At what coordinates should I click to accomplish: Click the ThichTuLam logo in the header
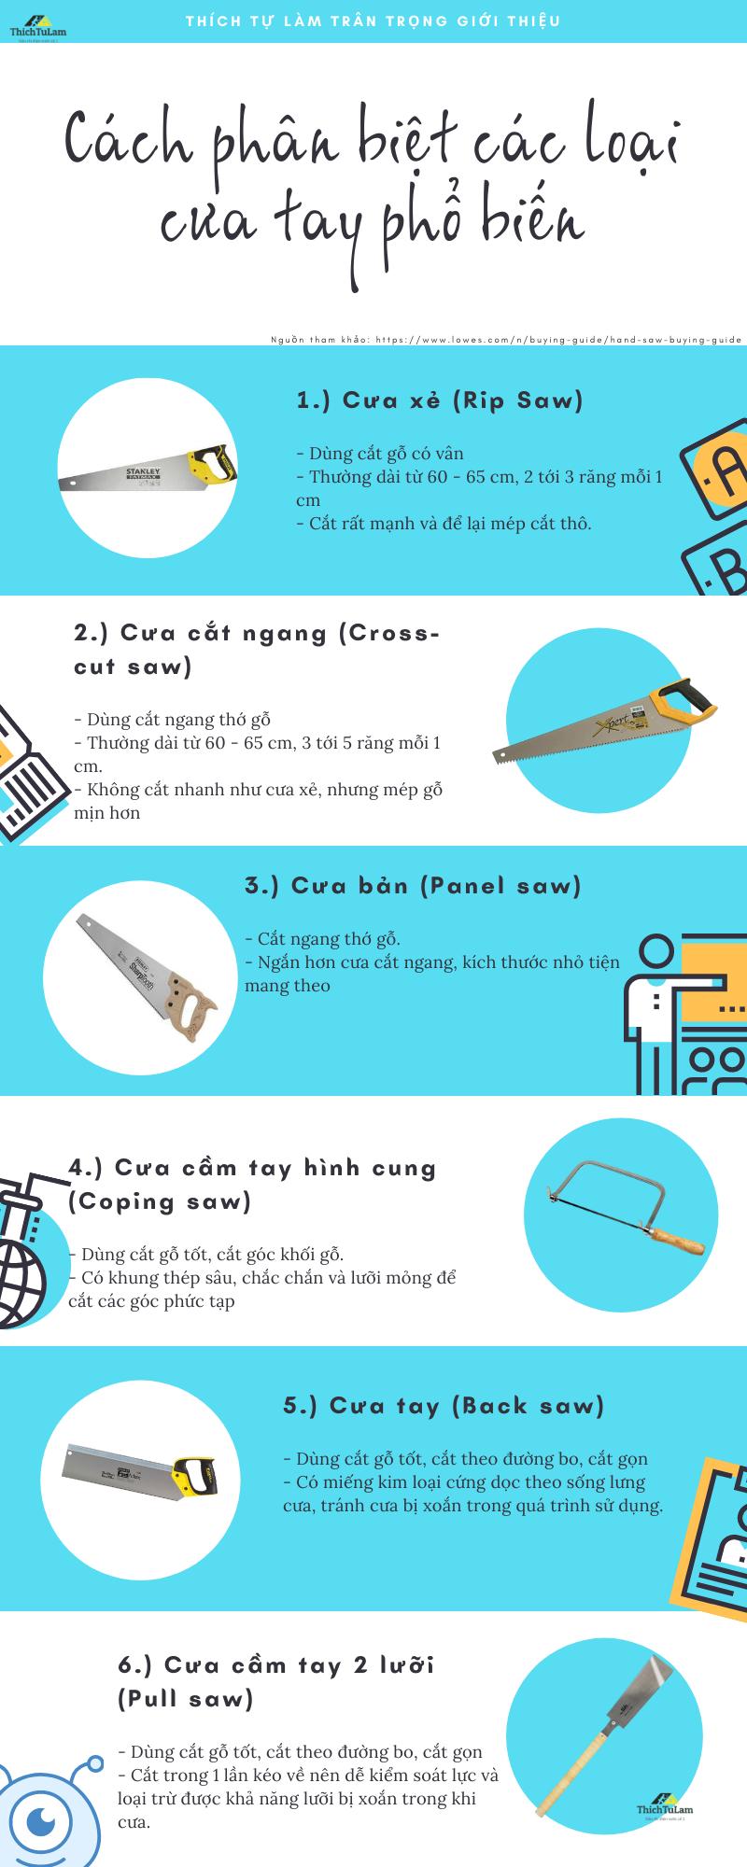36,28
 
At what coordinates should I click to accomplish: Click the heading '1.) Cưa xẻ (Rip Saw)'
439,400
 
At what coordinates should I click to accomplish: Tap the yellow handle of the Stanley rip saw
211,464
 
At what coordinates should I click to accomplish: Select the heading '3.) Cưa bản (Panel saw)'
413,885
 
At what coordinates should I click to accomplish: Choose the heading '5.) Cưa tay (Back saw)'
444,1405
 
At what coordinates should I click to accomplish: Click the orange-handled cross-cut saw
607,723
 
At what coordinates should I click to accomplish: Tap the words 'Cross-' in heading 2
388,633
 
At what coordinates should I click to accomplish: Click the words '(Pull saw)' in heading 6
186,1699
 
